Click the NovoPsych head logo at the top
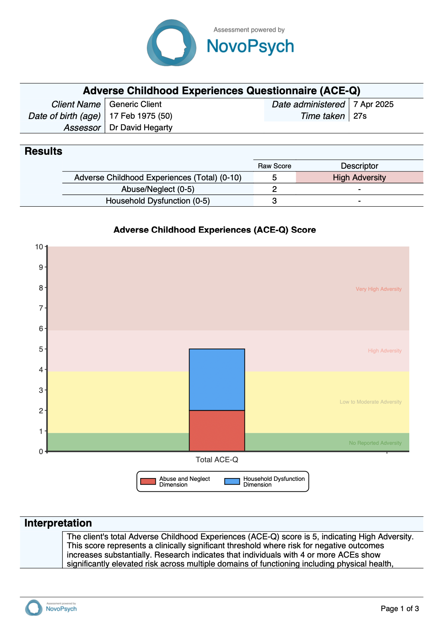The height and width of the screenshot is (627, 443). pyautogui.click(x=171, y=43)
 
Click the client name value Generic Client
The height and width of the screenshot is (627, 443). pyautogui.click(x=135, y=104)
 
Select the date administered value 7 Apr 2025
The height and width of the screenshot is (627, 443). pyautogui.click(x=373, y=104)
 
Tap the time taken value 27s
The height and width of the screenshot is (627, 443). pyautogui.click(x=360, y=116)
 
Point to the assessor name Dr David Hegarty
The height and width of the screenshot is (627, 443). pyautogui.click(x=141, y=128)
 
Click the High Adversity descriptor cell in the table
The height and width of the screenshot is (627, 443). pyautogui.click(x=359, y=178)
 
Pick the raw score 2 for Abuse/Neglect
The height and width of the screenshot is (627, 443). pyautogui.click(x=274, y=189)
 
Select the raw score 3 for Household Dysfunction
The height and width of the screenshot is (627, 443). pyautogui.click(x=274, y=201)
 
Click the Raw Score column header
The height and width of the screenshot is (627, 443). pyautogui.click(x=274, y=166)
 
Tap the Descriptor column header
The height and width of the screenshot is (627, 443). pyautogui.click(x=359, y=166)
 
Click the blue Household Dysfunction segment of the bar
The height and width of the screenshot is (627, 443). pyautogui.click(x=217, y=380)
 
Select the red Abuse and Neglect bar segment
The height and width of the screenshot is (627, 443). pyautogui.click(x=217, y=430)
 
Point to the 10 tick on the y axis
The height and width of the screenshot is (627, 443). pyautogui.click(x=39, y=247)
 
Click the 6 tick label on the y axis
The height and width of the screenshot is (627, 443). pyautogui.click(x=41, y=329)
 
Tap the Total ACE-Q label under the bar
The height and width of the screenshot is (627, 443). pyautogui.click(x=217, y=460)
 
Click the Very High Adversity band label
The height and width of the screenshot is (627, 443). pyautogui.click(x=379, y=289)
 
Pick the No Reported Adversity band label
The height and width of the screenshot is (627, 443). pyautogui.click(x=375, y=443)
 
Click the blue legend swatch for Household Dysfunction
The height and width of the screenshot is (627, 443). pyautogui.click(x=232, y=482)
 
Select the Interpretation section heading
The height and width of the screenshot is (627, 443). pyautogui.click(x=58, y=523)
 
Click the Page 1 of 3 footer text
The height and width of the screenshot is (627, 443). pyautogui.click(x=400, y=609)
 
